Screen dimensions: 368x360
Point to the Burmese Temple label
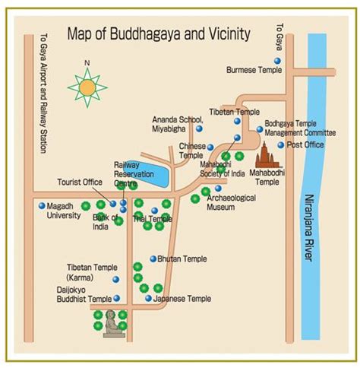(255, 70)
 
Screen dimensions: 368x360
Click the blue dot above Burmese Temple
(276, 60)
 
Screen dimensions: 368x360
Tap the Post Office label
(305, 144)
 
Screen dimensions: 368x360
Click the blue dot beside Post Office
(280, 144)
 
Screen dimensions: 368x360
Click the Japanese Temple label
(182, 299)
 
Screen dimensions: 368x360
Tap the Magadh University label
(65, 211)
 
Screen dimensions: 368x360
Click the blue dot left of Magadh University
(41, 205)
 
